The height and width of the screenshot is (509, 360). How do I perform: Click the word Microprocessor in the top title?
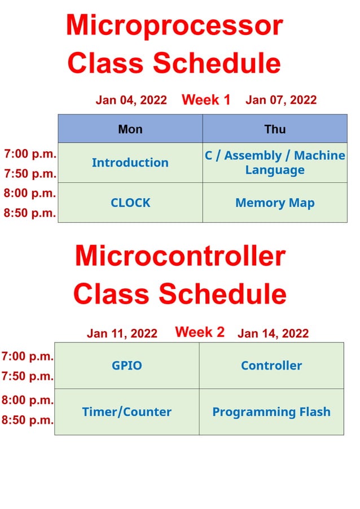174,25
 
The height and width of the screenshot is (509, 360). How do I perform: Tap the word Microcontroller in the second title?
180,256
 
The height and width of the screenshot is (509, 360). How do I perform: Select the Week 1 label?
206,100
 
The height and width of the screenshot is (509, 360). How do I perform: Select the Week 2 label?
200,332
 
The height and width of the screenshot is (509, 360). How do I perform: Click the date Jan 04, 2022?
131,100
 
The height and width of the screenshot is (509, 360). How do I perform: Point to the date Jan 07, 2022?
281,100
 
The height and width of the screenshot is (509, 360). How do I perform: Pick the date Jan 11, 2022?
122,334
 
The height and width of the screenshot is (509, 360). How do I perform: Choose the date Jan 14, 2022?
273,334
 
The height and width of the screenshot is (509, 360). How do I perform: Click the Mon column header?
130,129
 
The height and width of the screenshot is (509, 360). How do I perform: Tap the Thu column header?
275,129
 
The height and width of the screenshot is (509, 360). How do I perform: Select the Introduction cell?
130,163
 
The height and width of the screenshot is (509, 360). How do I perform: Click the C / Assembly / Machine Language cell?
275,163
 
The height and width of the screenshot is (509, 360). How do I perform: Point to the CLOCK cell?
130,203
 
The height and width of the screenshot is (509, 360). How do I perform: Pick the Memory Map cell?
275,203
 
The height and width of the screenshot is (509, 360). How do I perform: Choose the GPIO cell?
127,366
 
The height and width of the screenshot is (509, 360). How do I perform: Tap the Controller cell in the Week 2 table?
271,366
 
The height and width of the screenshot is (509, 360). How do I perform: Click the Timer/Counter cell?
127,412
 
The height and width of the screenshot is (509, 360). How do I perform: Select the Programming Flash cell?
271,412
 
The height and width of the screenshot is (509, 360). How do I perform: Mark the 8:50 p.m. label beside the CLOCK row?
30,213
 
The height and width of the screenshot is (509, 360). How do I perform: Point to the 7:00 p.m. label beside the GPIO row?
28,356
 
